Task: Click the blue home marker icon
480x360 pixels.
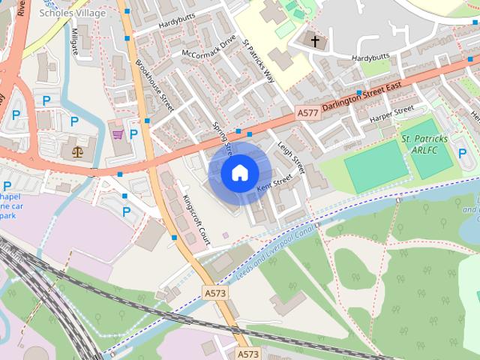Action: pos(238,173)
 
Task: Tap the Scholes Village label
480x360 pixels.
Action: pos(73,13)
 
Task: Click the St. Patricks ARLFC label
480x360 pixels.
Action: pos(424,144)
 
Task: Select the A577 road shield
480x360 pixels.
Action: pos(306,113)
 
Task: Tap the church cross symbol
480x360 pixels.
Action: pos(315,40)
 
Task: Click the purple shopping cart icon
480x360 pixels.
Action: pos(118,134)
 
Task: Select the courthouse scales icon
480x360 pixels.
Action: pos(77,151)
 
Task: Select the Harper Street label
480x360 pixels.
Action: pos(391,114)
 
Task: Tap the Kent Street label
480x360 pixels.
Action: pos(274,183)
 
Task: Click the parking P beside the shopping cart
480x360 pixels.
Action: pos(133,134)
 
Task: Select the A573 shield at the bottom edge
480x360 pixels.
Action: pos(247,353)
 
